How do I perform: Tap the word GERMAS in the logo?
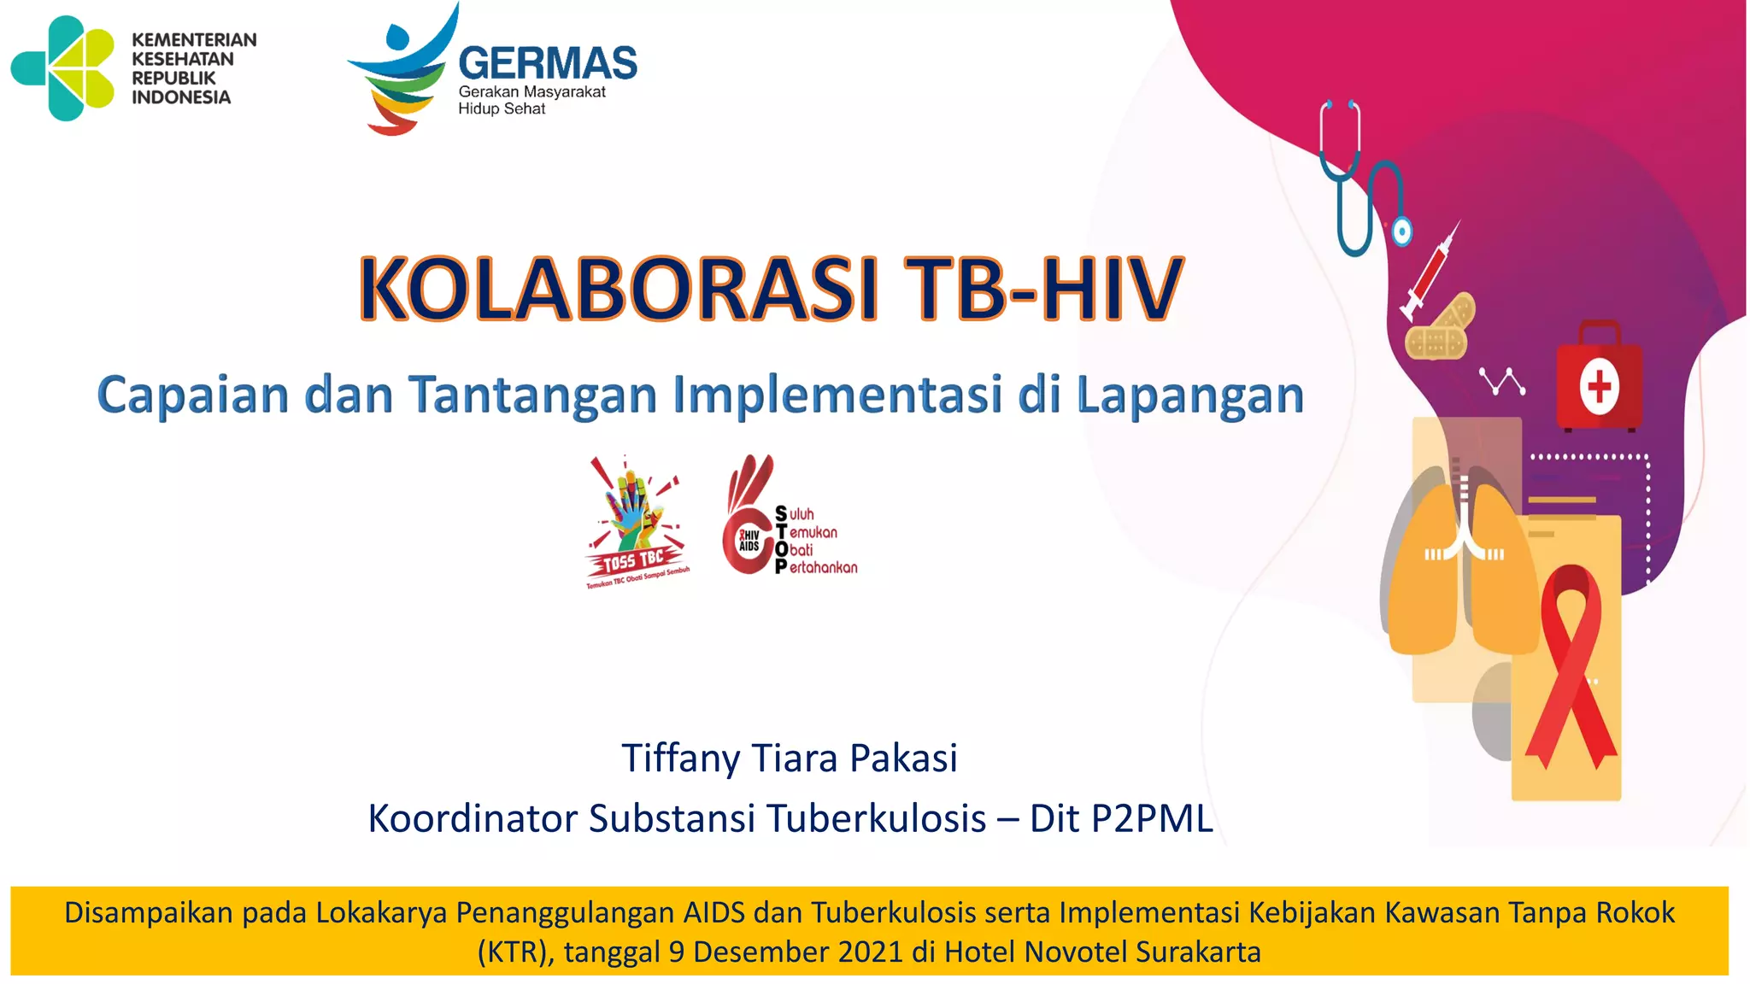pos(548,64)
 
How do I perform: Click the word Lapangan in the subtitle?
pos(1189,396)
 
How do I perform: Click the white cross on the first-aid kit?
pos(1599,386)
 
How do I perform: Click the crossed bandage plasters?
pos(1441,328)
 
